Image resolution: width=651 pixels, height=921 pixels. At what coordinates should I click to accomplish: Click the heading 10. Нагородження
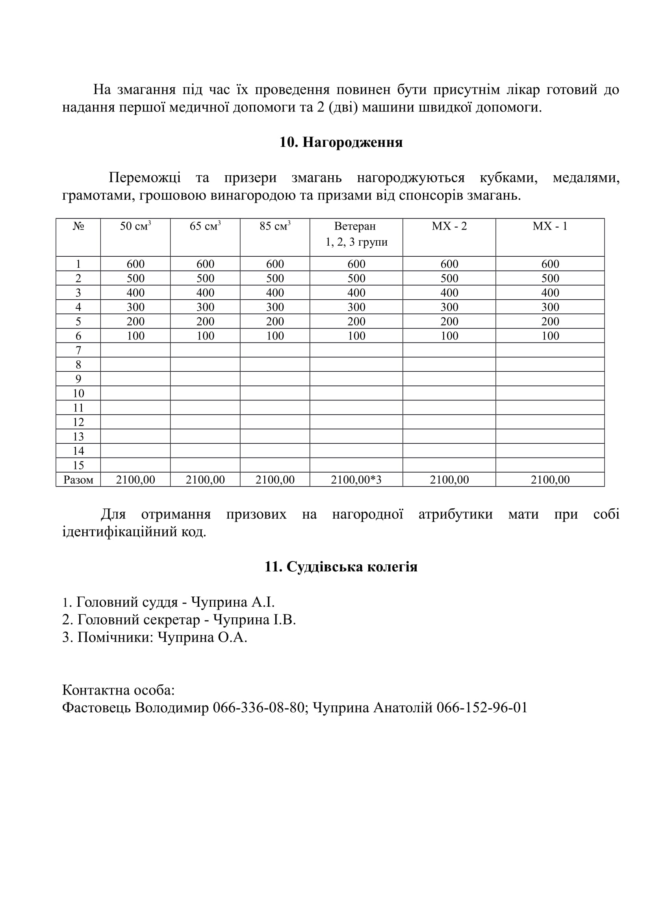(341, 143)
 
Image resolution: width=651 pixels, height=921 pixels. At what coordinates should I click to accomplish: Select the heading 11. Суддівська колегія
(341, 567)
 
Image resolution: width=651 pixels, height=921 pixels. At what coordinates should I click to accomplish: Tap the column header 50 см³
(135, 226)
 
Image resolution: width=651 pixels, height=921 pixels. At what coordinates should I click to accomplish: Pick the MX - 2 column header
(449, 226)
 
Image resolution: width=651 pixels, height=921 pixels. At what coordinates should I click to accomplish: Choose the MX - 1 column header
(550, 226)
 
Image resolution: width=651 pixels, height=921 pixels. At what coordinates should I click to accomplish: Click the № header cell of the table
(78, 226)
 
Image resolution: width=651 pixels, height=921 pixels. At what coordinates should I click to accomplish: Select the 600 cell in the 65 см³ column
(205, 264)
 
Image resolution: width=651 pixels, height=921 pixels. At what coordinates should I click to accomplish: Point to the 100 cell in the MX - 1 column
(550, 336)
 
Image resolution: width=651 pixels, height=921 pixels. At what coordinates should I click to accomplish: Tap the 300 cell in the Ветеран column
(356, 307)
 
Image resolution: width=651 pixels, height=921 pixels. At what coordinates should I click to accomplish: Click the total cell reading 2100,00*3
(356, 480)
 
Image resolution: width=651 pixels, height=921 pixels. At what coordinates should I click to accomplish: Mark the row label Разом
(78, 480)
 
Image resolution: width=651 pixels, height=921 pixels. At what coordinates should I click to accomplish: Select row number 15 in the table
(78, 465)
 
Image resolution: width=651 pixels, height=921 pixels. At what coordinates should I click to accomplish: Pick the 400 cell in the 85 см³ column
(275, 293)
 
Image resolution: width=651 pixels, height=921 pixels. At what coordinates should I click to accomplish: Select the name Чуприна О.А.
(202, 637)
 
